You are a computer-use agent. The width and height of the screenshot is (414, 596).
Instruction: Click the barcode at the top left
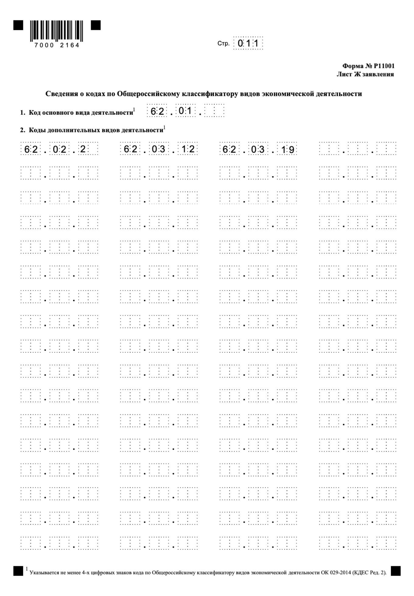[56, 31]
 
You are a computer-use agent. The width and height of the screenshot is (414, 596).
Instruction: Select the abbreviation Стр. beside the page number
[223, 44]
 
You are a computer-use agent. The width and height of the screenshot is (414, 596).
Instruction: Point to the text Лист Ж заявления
[365, 74]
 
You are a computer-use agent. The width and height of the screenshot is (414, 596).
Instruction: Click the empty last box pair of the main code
[214, 112]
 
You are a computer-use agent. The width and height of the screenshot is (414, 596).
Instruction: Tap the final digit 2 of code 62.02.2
[83, 149]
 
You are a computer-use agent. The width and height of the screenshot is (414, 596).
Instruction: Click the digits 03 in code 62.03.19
[258, 150]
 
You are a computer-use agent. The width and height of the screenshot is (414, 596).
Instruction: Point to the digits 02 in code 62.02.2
[59, 149]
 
